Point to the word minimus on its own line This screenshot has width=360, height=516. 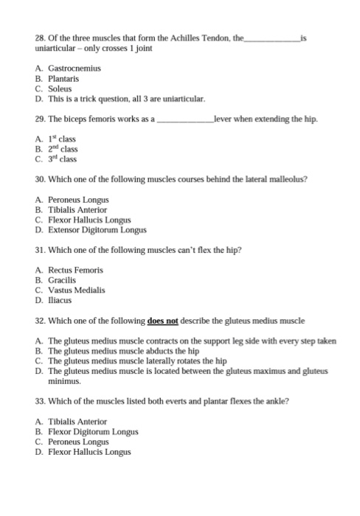(64, 382)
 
